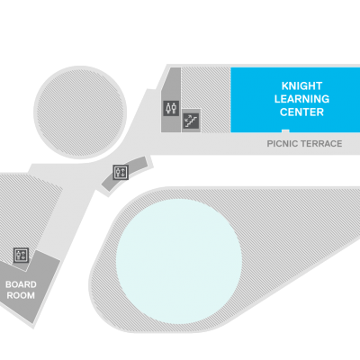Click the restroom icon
tap(171, 108)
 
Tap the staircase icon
tap(191, 121)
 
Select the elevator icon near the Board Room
tap(21, 256)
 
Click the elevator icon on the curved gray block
tap(121, 173)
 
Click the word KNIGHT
tap(301, 86)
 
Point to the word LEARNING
tap(301, 99)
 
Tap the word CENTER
tap(301, 112)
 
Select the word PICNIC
tap(281, 144)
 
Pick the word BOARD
tap(21, 284)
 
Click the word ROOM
tap(21, 295)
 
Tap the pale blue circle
tap(179, 261)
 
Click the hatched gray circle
tap(80, 112)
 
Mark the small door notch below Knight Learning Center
tap(285, 130)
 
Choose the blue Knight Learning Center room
tap(295, 100)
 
